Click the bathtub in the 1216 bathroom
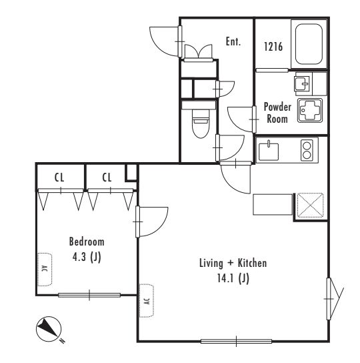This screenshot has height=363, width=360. tap(309, 44)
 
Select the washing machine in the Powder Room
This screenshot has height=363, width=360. tap(310, 110)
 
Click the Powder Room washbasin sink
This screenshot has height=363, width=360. tap(302, 84)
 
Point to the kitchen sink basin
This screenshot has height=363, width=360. tap(269, 151)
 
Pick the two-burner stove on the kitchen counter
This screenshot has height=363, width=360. tap(307, 151)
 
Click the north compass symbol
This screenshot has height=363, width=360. tap(49, 329)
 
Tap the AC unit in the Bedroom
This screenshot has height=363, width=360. tap(45, 270)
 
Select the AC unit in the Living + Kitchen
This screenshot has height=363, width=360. tap(147, 300)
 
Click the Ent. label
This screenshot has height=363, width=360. tap(233, 41)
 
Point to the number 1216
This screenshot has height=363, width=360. tap(273, 46)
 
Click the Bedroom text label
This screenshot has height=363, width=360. tap(87, 242)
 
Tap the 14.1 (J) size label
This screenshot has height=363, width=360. tap(233, 278)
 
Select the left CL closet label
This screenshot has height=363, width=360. tap(59, 177)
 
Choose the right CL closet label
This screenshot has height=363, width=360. tap(107, 177)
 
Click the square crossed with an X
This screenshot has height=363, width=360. tap(310, 206)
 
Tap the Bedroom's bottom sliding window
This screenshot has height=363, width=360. tap(89, 295)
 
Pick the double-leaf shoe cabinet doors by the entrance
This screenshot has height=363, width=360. tap(198, 51)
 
